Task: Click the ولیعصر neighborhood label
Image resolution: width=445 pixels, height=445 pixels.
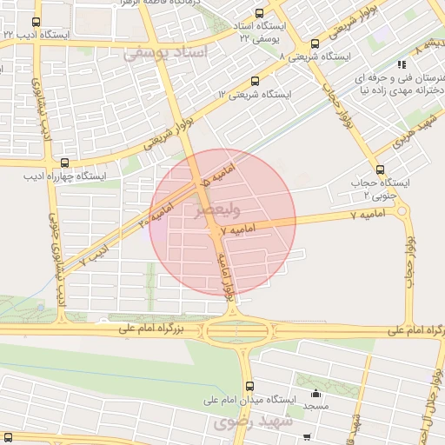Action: point(212,209)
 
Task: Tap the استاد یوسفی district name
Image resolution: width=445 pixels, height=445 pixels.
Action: point(165,54)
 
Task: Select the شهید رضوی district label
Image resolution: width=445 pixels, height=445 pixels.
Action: point(228,423)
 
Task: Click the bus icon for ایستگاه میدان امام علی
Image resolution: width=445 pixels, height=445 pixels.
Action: point(249,386)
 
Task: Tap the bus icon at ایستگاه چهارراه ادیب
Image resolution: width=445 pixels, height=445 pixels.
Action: point(65,163)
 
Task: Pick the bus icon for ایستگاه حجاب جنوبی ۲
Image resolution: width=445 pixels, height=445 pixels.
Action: point(379,169)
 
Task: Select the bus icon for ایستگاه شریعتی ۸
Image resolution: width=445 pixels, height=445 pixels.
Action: point(314,43)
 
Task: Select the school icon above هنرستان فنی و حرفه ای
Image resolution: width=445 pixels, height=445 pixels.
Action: point(400,63)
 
